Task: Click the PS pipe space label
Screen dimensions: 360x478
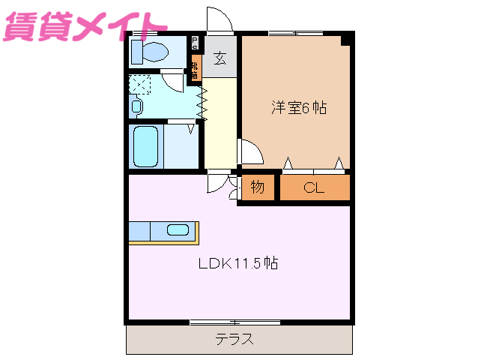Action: [x=196, y=43]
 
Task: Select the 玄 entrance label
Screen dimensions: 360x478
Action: [x=220, y=58]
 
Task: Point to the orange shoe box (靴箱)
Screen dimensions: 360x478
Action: [x=196, y=70]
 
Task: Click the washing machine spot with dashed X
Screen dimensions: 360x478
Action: [x=140, y=83]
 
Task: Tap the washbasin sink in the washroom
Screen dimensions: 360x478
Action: [x=136, y=106]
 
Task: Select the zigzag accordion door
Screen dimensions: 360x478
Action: [x=202, y=100]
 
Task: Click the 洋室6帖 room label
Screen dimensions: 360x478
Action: [x=298, y=107]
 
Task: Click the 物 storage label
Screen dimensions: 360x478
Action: [x=258, y=188]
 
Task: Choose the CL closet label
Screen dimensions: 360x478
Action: [x=314, y=188]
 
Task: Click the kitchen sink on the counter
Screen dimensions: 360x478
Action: [x=178, y=230]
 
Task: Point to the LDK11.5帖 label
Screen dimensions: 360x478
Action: [x=238, y=263]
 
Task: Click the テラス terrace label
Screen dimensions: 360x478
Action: [x=235, y=339]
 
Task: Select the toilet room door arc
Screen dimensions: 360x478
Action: [x=174, y=81]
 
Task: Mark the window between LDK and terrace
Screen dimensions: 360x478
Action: [x=235, y=323]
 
